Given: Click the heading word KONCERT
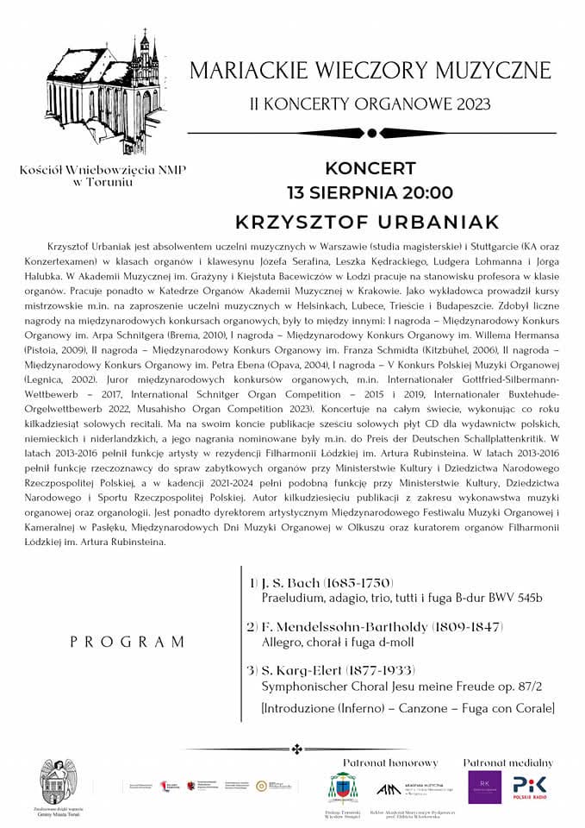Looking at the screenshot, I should (370, 168).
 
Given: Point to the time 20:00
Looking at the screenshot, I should (421, 191).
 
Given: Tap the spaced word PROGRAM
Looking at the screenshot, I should (128, 642).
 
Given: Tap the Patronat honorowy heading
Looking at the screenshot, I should (390, 762).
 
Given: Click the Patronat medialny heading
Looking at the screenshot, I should (507, 762).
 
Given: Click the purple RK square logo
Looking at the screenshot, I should (485, 787).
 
